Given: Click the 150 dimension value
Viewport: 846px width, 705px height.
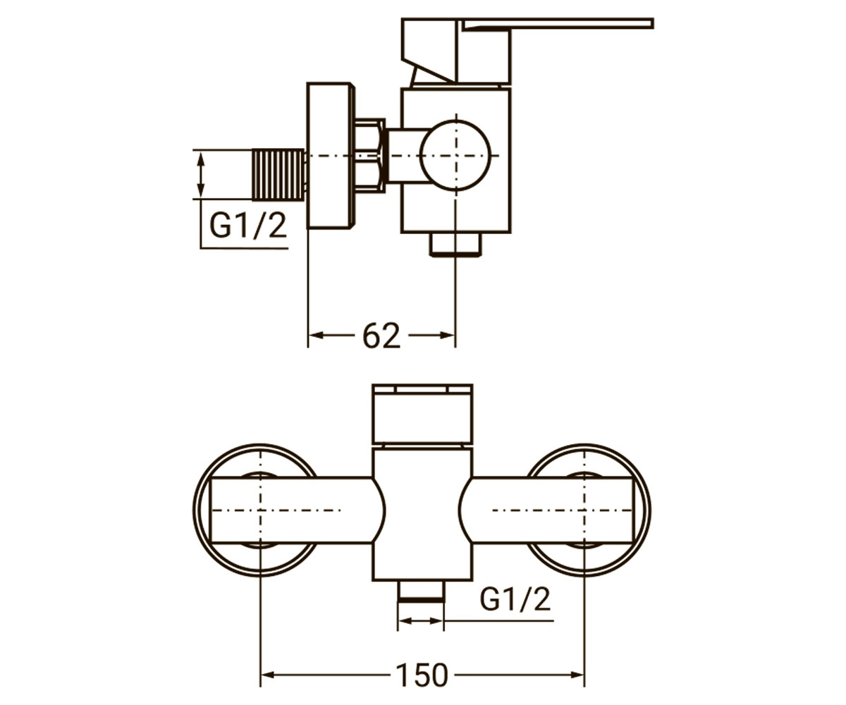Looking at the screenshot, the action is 422,675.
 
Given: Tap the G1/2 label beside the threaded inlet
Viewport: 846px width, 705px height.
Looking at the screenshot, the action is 248,226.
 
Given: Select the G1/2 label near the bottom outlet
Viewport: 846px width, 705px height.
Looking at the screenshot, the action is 515,599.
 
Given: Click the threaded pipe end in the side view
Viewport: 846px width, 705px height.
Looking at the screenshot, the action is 278,175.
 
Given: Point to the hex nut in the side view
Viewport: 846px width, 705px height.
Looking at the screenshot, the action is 369,155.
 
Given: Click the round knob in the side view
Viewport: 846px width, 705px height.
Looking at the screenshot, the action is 455,155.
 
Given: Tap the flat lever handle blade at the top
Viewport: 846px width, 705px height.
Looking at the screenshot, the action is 558,23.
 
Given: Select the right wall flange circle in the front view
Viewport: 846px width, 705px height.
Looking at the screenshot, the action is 649,510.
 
